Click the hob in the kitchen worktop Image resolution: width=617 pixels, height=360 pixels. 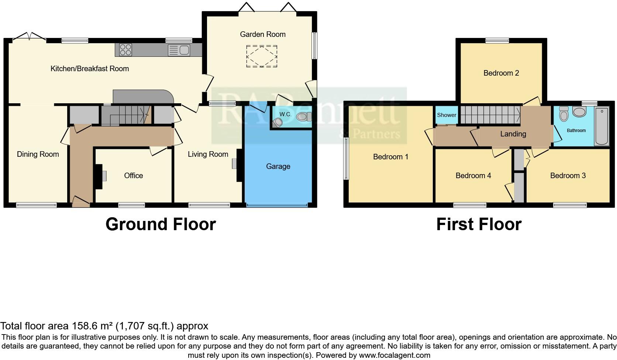pyautogui.click(x=125, y=49)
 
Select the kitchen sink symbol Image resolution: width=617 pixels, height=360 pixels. pyautogui.click(x=179, y=50)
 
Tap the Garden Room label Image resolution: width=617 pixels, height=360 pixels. pyautogui.click(x=262, y=34)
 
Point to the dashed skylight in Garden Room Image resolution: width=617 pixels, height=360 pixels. pyautogui.click(x=262, y=56)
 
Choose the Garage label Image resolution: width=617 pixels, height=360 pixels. pyautogui.click(x=278, y=166)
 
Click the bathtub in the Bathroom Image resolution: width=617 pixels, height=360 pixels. pyautogui.click(x=602, y=127)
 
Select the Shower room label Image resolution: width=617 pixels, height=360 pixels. pyautogui.click(x=447, y=115)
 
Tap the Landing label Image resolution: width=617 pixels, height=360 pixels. pyautogui.click(x=513, y=134)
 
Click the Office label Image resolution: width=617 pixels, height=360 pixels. pyautogui.click(x=133, y=176)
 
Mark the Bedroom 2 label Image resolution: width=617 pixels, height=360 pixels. pyautogui.click(x=501, y=73)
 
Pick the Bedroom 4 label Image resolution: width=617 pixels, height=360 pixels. pyautogui.click(x=473, y=176)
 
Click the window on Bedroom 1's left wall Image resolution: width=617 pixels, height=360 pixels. pyautogui.click(x=346, y=159)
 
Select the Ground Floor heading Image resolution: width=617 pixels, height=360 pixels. pyautogui.click(x=161, y=224)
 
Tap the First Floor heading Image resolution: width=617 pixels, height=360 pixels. pyautogui.click(x=479, y=224)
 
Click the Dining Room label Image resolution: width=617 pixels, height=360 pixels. pyautogui.click(x=38, y=154)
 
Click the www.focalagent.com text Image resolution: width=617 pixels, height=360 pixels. pyautogui.click(x=394, y=355)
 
